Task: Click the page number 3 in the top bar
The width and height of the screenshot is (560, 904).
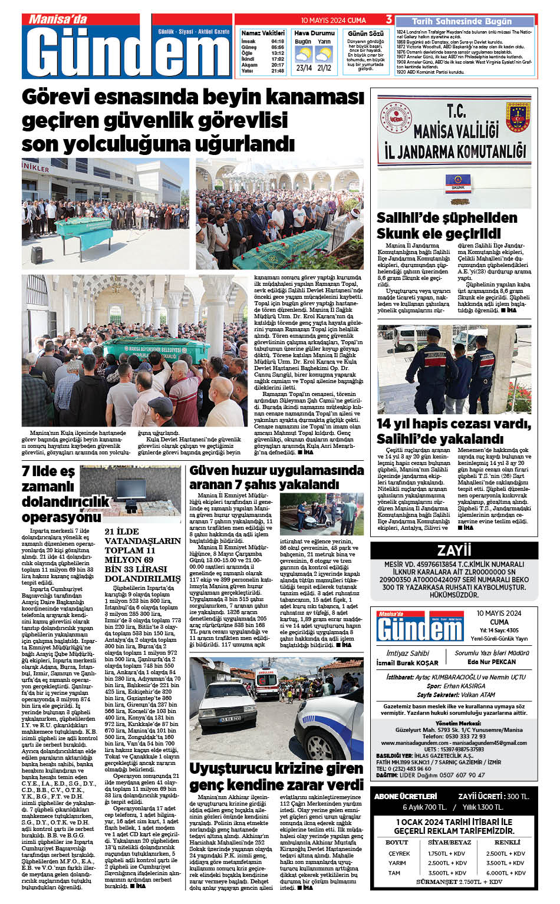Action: (x=389, y=20)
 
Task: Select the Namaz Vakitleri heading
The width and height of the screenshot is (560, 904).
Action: (x=263, y=33)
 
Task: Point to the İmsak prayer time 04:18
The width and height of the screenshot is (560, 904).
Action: (x=278, y=42)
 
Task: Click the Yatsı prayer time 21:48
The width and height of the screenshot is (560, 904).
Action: (x=278, y=71)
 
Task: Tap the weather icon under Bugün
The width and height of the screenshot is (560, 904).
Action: (x=304, y=55)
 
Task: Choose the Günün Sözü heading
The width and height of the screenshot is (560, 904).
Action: (x=365, y=34)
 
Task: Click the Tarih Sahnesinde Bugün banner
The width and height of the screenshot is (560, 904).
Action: (x=463, y=21)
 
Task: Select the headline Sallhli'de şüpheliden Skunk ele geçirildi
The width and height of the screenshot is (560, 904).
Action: (x=447, y=226)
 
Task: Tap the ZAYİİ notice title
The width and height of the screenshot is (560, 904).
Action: (x=454, y=550)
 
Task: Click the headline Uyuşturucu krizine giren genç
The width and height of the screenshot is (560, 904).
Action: (x=276, y=777)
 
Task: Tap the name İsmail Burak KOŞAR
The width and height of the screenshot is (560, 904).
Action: (x=407, y=663)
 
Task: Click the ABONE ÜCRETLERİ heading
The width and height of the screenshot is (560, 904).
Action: (x=406, y=796)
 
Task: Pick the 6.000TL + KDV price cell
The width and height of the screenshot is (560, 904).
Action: (x=506, y=873)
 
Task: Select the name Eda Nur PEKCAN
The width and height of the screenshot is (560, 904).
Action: (x=492, y=662)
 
